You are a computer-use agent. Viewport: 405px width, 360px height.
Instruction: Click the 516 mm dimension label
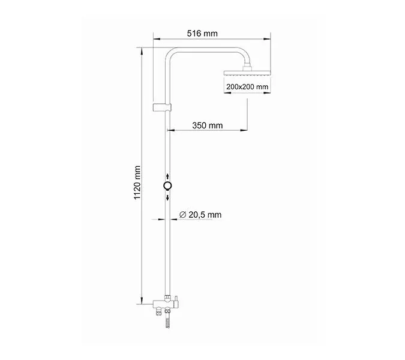(x=202, y=34)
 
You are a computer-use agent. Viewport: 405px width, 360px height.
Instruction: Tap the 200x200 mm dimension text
(x=247, y=87)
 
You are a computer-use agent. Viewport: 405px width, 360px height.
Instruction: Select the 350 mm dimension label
(x=208, y=125)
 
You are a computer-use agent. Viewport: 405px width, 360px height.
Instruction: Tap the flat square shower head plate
(x=247, y=73)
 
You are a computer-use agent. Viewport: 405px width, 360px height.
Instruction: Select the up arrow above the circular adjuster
(x=167, y=175)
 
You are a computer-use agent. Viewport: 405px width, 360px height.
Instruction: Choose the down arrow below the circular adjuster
(x=167, y=199)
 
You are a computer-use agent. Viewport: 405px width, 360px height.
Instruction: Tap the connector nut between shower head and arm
(x=247, y=67)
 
